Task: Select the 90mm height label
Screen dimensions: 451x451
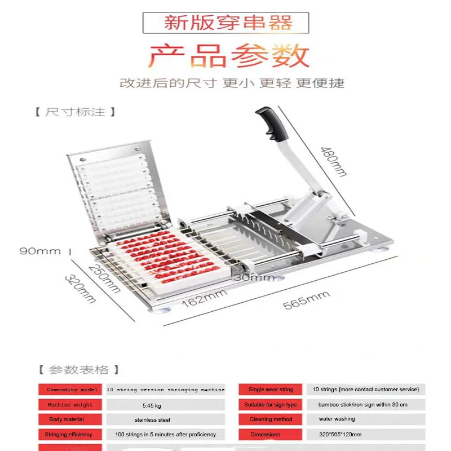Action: (40, 251)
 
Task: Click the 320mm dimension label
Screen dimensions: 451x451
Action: (79, 289)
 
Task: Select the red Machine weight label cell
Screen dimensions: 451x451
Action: (70, 405)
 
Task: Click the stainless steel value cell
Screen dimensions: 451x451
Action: (152, 420)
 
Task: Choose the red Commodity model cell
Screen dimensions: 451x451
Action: (70, 390)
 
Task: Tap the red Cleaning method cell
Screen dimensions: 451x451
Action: (271, 419)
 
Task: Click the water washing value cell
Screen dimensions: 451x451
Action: (337, 419)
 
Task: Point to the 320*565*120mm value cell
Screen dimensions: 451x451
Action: (341, 435)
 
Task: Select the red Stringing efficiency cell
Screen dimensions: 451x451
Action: (70, 435)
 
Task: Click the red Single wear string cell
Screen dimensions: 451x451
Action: (271, 390)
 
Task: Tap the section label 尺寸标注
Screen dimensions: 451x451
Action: (75, 112)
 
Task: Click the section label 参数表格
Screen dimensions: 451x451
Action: (78, 370)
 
